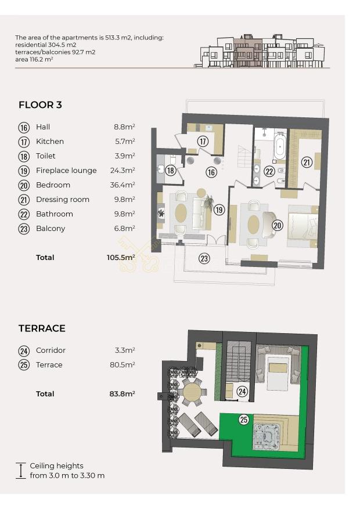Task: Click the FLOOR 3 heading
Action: tap(40, 105)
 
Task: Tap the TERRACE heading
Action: tap(42, 328)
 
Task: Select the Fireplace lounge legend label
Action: tap(66, 171)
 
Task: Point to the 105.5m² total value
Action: tap(121, 258)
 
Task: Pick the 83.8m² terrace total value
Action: tap(122, 394)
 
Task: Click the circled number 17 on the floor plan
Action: tap(203, 141)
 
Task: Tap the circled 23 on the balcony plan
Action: tap(204, 258)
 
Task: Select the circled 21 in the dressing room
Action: tap(307, 162)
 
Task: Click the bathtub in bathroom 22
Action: tap(279, 147)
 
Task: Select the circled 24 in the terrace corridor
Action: tap(242, 391)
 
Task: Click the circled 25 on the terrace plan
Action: tap(243, 420)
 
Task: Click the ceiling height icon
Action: tap(21, 471)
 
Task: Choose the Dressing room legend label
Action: tap(63, 199)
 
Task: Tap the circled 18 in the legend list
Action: tap(24, 156)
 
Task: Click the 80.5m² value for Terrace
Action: tap(123, 364)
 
